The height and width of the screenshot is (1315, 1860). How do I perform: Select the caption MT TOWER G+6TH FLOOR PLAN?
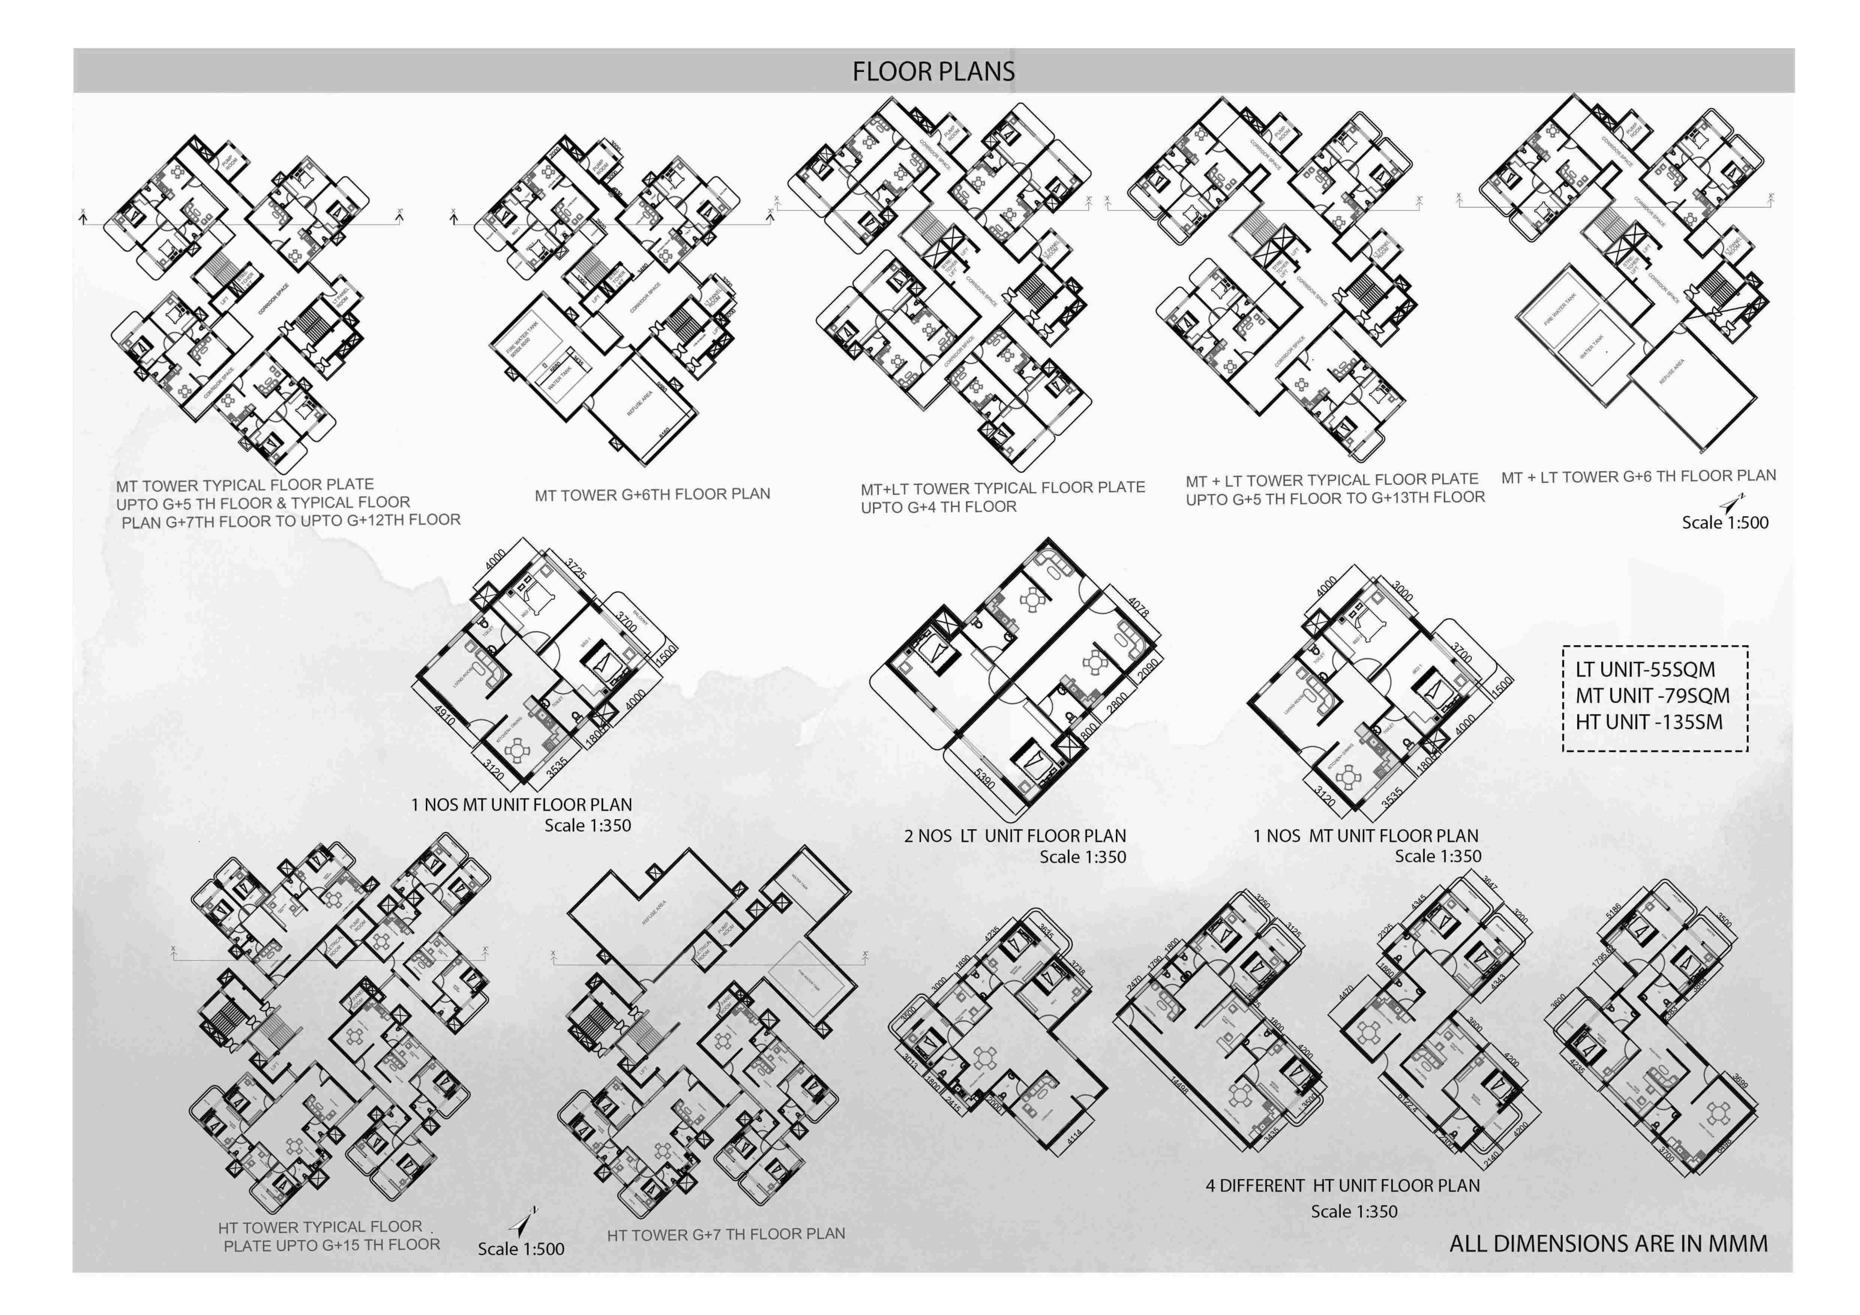[652, 494]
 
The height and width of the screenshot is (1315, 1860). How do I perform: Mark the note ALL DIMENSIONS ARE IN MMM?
[1608, 1244]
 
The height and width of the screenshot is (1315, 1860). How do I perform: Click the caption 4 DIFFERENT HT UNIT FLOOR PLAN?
[1342, 1185]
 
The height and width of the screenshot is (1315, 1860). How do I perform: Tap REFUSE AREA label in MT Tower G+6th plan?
[640, 403]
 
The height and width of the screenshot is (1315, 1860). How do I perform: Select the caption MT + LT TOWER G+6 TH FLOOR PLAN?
[1638, 476]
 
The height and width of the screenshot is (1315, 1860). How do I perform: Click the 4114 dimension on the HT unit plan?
[1074, 1138]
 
